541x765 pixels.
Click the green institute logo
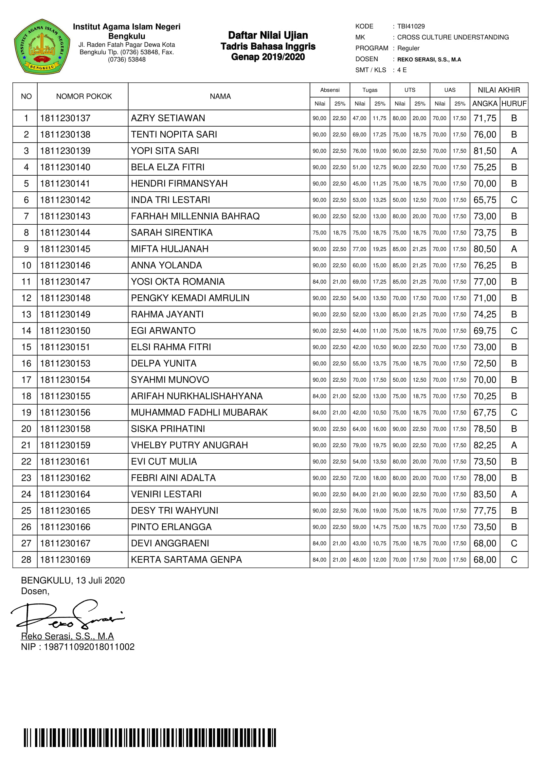tap(42, 47)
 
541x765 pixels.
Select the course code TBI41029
tap(411, 26)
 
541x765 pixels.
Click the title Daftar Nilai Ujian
tap(268, 35)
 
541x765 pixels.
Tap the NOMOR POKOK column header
tap(84, 96)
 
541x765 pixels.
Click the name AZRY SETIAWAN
tap(168, 118)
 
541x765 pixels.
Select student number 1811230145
tap(65, 249)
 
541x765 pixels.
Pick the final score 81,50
tap(485, 151)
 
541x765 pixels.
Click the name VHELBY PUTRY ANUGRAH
tap(189, 445)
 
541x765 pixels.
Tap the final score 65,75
tap(485, 200)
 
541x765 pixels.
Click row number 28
tap(26, 560)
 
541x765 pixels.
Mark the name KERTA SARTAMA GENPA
tap(186, 560)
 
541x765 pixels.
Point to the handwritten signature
tap(67, 617)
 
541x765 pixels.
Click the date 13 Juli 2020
tap(100, 581)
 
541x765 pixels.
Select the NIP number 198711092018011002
tap(89, 647)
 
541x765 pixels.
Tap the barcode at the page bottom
tap(150, 738)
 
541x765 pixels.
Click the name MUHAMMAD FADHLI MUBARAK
tap(199, 412)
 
